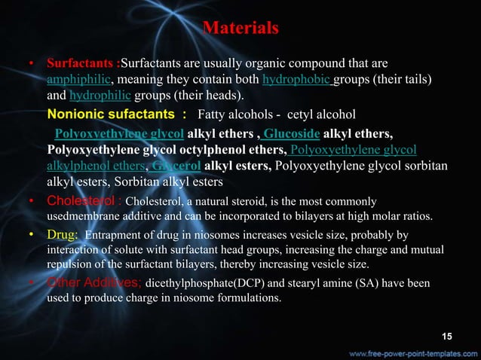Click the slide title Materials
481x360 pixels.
coord(240,29)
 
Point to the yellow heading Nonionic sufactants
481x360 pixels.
coord(117,114)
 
